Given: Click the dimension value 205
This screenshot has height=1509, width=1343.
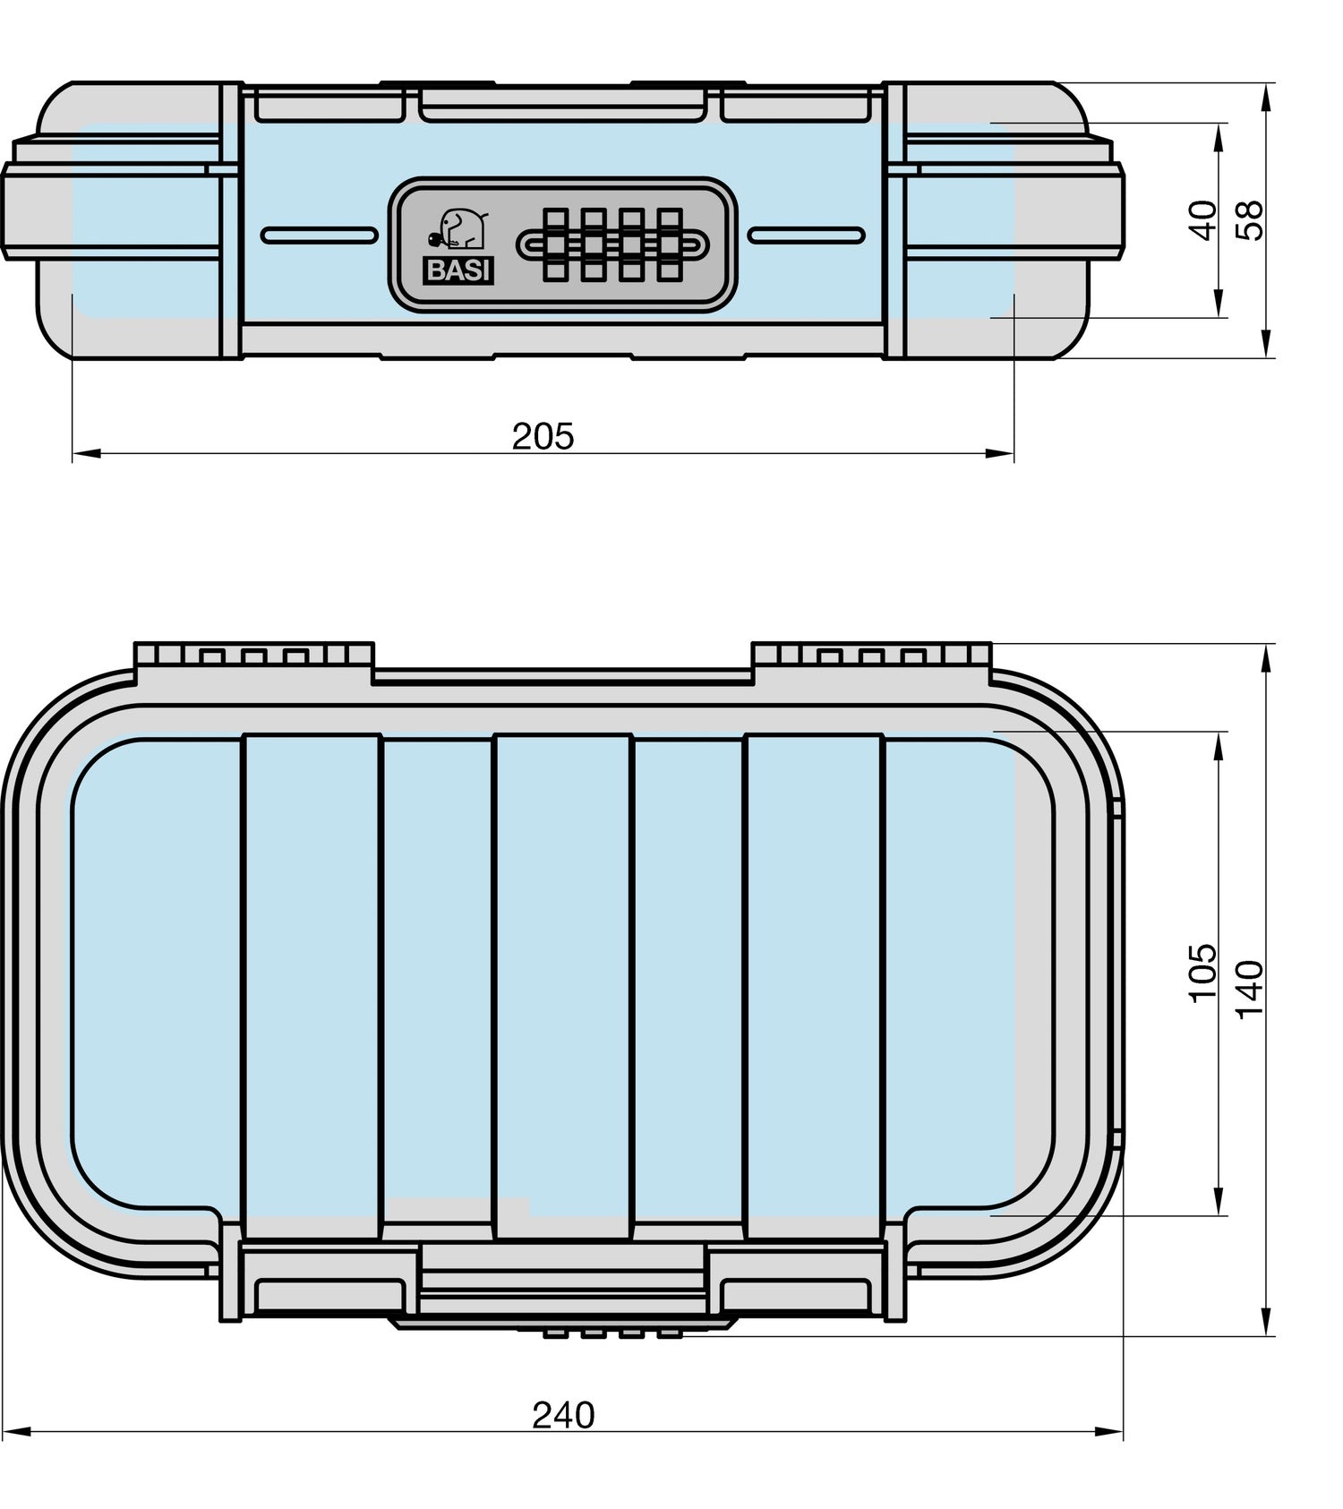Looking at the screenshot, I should tap(543, 436).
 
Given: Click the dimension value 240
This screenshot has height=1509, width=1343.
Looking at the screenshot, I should tap(563, 1415).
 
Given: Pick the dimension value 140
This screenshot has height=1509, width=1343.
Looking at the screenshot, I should tap(1250, 989).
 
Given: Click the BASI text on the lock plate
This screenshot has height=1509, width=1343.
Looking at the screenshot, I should tap(458, 271).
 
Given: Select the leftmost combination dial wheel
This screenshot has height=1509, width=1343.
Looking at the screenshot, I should tap(553, 244).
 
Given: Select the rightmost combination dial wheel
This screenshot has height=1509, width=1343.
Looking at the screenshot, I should tap(670, 244).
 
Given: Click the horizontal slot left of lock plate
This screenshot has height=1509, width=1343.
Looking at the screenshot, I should tap(320, 236).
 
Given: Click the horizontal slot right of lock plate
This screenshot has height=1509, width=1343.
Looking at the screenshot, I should tap(807, 236).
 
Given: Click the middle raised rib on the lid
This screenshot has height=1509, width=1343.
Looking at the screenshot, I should tap(562, 985).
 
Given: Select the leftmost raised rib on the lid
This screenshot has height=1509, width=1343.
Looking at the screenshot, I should tap(312, 985).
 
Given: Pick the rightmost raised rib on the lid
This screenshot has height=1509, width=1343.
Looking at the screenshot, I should tap(814, 985).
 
